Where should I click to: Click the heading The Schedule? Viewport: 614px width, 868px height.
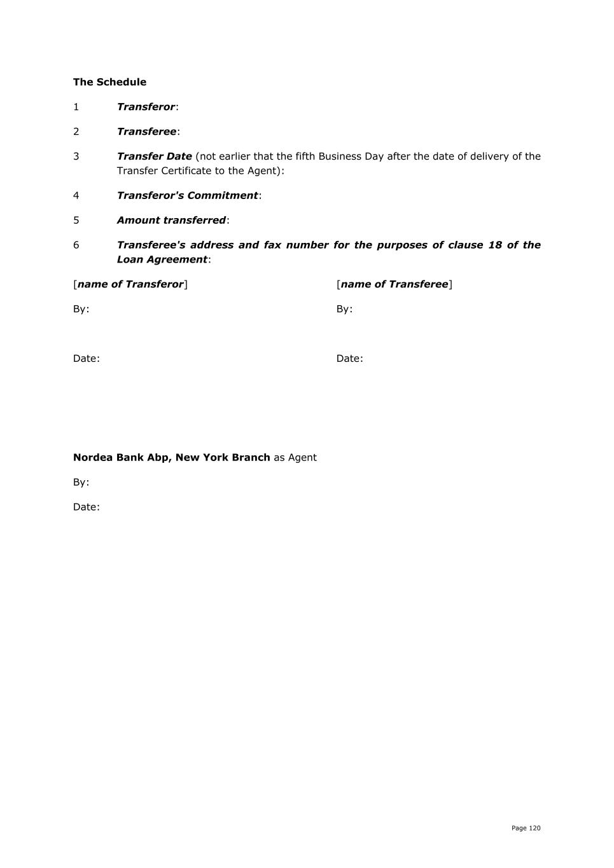[x=109, y=82]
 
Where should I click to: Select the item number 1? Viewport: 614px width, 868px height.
[x=76, y=107]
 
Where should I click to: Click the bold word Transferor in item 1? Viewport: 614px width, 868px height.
[x=146, y=107]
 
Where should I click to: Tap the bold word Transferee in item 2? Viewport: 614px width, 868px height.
[x=146, y=132]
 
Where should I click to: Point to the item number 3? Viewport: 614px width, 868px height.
[x=76, y=156]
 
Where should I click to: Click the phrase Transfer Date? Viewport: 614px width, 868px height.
[x=154, y=156]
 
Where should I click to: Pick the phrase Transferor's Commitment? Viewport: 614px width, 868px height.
[x=187, y=195]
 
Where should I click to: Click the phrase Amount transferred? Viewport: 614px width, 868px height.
[x=171, y=220]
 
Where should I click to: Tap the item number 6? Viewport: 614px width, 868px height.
[x=76, y=245]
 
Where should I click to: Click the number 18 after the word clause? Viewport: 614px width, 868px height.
[x=495, y=245]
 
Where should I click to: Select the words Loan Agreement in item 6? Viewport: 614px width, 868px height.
[x=162, y=259]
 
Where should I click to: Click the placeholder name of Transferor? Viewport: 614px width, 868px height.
[x=130, y=284]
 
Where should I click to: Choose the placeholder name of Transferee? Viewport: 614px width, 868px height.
[x=394, y=284]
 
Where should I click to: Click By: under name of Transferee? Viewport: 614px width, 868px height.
[x=344, y=309]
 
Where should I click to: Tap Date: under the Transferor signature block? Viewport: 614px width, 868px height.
[x=87, y=359]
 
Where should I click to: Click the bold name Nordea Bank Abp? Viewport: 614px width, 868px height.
[x=121, y=457]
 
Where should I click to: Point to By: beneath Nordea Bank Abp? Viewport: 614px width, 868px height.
[x=81, y=482]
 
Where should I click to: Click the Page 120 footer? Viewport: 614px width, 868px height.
[x=526, y=828]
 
